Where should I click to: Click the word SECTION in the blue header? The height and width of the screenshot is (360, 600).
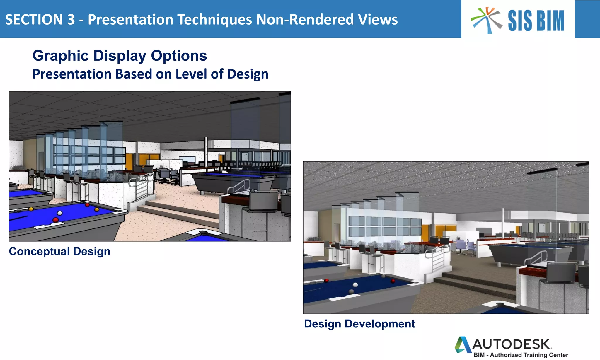click(x=34, y=20)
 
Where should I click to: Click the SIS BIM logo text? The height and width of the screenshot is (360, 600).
click(x=536, y=21)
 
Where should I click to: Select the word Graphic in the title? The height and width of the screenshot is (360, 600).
click(x=60, y=56)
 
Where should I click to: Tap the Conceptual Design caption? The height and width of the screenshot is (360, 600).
click(x=59, y=251)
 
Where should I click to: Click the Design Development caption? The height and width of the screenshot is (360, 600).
click(x=359, y=324)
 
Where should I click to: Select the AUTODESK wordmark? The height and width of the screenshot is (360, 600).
click(x=511, y=344)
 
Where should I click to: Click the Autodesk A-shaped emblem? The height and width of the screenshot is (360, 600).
click(x=463, y=344)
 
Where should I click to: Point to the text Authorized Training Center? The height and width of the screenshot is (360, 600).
click(x=529, y=355)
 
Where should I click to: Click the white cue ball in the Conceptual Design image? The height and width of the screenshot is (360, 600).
click(x=60, y=213)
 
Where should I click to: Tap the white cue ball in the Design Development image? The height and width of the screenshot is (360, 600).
click(x=355, y=285)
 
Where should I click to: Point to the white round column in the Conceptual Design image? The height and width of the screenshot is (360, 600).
click(x=206, y=152)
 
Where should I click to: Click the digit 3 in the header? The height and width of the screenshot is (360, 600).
click(x=71, y=20)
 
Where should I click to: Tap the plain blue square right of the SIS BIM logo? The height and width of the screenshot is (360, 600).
click(x=587, y=19)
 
